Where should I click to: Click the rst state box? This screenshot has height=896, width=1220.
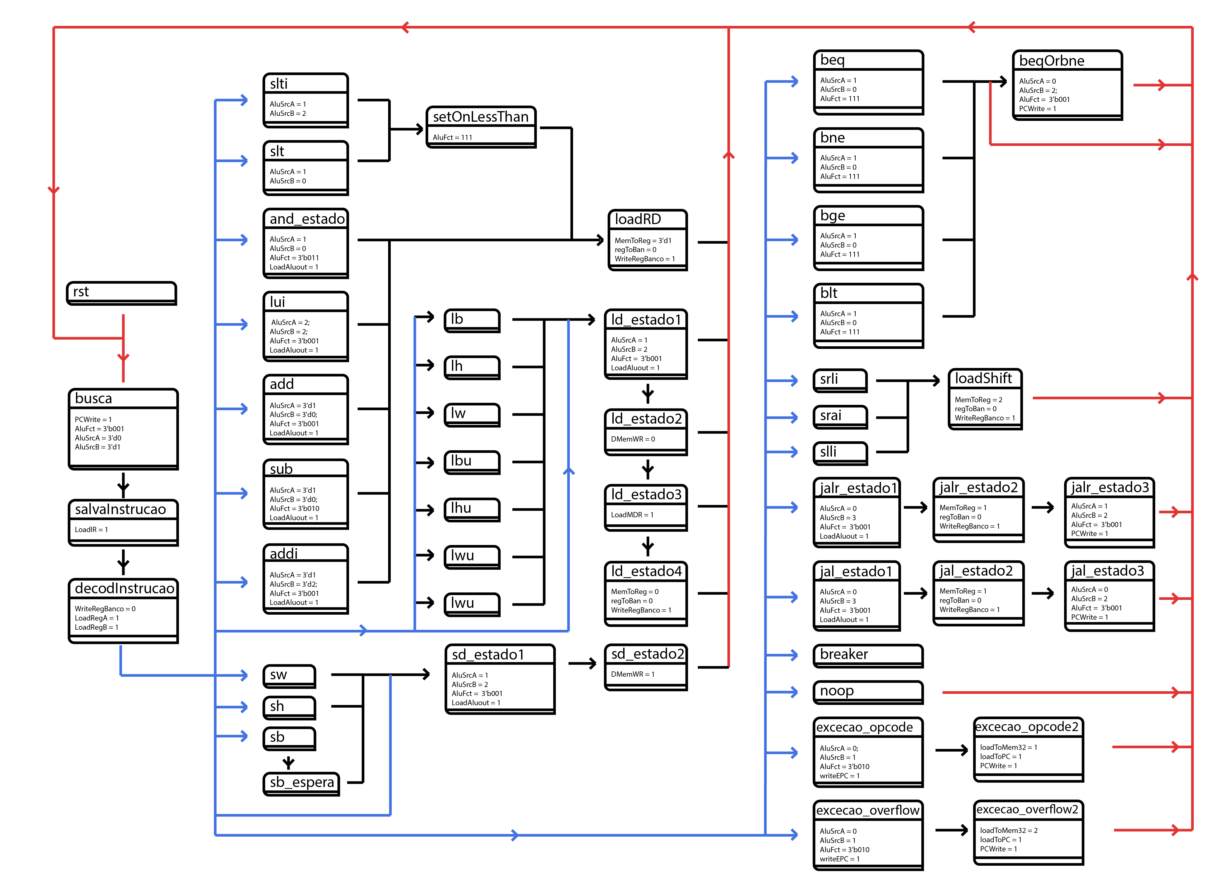click(x=121, y=293)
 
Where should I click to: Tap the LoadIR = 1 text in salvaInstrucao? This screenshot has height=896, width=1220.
click(x=91, y=529)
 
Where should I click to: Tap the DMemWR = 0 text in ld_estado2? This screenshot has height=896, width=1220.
click(x=633, y=439)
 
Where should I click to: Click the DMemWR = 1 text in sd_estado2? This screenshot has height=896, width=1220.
click(x=633, y=674)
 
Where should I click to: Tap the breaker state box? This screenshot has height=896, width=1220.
click(x=868, y=655)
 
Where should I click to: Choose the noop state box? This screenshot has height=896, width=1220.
click(x=868, y=691)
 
